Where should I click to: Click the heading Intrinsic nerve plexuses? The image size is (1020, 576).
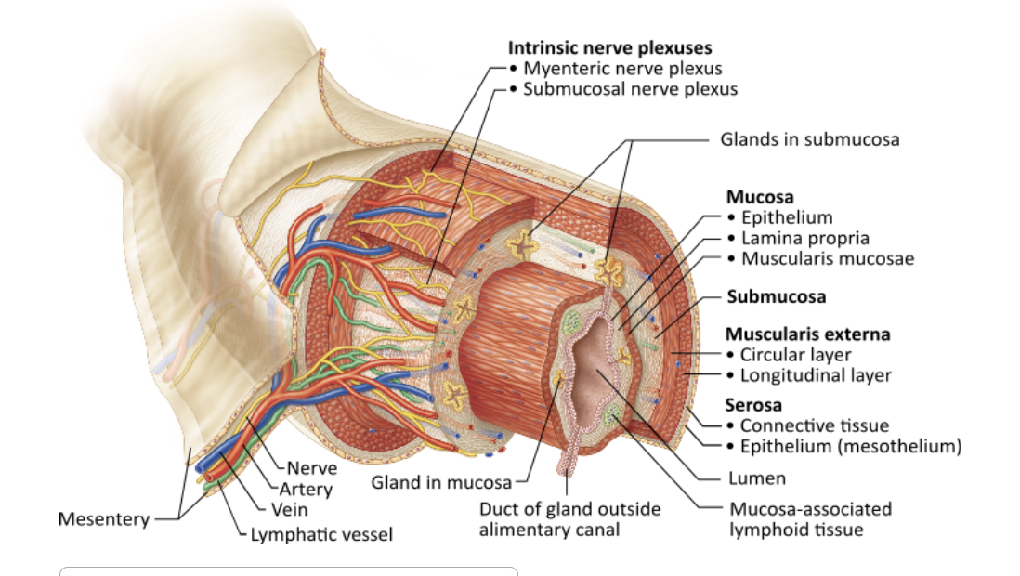click(609, 47)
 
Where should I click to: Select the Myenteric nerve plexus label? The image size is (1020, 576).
click(622, 68)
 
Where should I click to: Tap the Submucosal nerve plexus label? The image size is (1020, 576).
click(630, 89)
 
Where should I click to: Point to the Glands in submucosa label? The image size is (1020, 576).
click(809, 139)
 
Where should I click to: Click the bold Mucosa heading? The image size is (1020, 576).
click(759, 197)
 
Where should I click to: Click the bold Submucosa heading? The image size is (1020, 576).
click(776, 297)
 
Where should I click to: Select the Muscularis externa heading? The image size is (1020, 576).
click(807, 334)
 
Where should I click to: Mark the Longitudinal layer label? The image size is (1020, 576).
click(816, 375)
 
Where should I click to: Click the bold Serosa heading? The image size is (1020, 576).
click(752, 405)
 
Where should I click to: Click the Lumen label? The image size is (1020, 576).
click(757, 478)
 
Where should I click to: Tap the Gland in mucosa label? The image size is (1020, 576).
click(441, 482)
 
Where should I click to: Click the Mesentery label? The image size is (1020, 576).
click(103, 518)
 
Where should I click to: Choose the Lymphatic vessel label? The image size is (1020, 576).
click(321, 534)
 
